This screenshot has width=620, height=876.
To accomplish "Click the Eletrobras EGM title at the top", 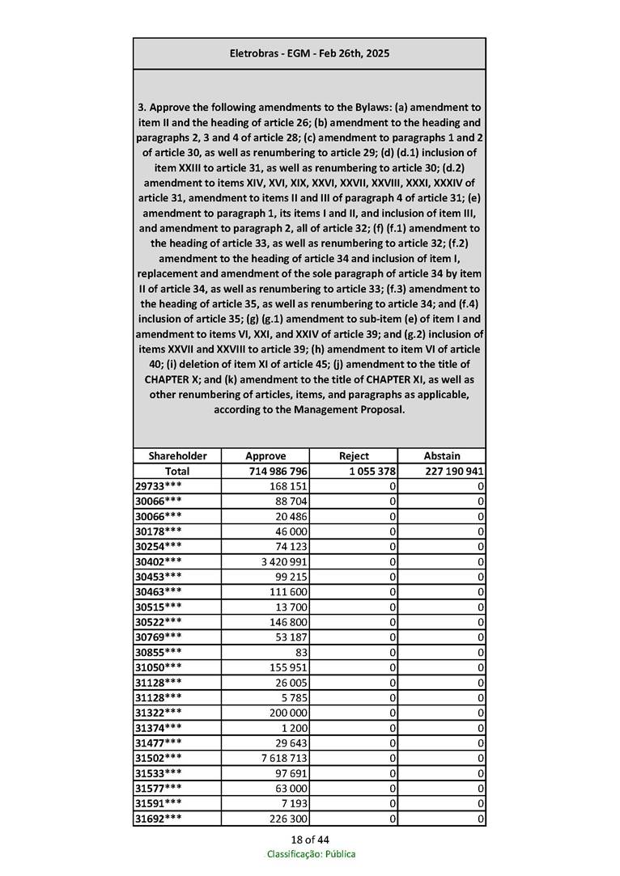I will coord(309,53).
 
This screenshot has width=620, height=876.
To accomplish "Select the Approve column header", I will coord(265,456).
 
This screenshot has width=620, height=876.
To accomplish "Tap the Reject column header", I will coord(354,456).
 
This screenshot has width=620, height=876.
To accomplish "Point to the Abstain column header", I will coord(442,456).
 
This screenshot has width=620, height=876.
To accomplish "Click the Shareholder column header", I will coord(177,456).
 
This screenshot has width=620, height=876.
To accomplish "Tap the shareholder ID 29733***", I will coord(158,486).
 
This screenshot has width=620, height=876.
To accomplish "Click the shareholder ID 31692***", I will coord(158,819).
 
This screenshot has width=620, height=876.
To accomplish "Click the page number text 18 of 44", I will coord(310,840).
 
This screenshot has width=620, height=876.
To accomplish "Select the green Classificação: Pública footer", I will coord(311,854).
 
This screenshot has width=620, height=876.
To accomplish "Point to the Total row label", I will coord(177,472).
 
